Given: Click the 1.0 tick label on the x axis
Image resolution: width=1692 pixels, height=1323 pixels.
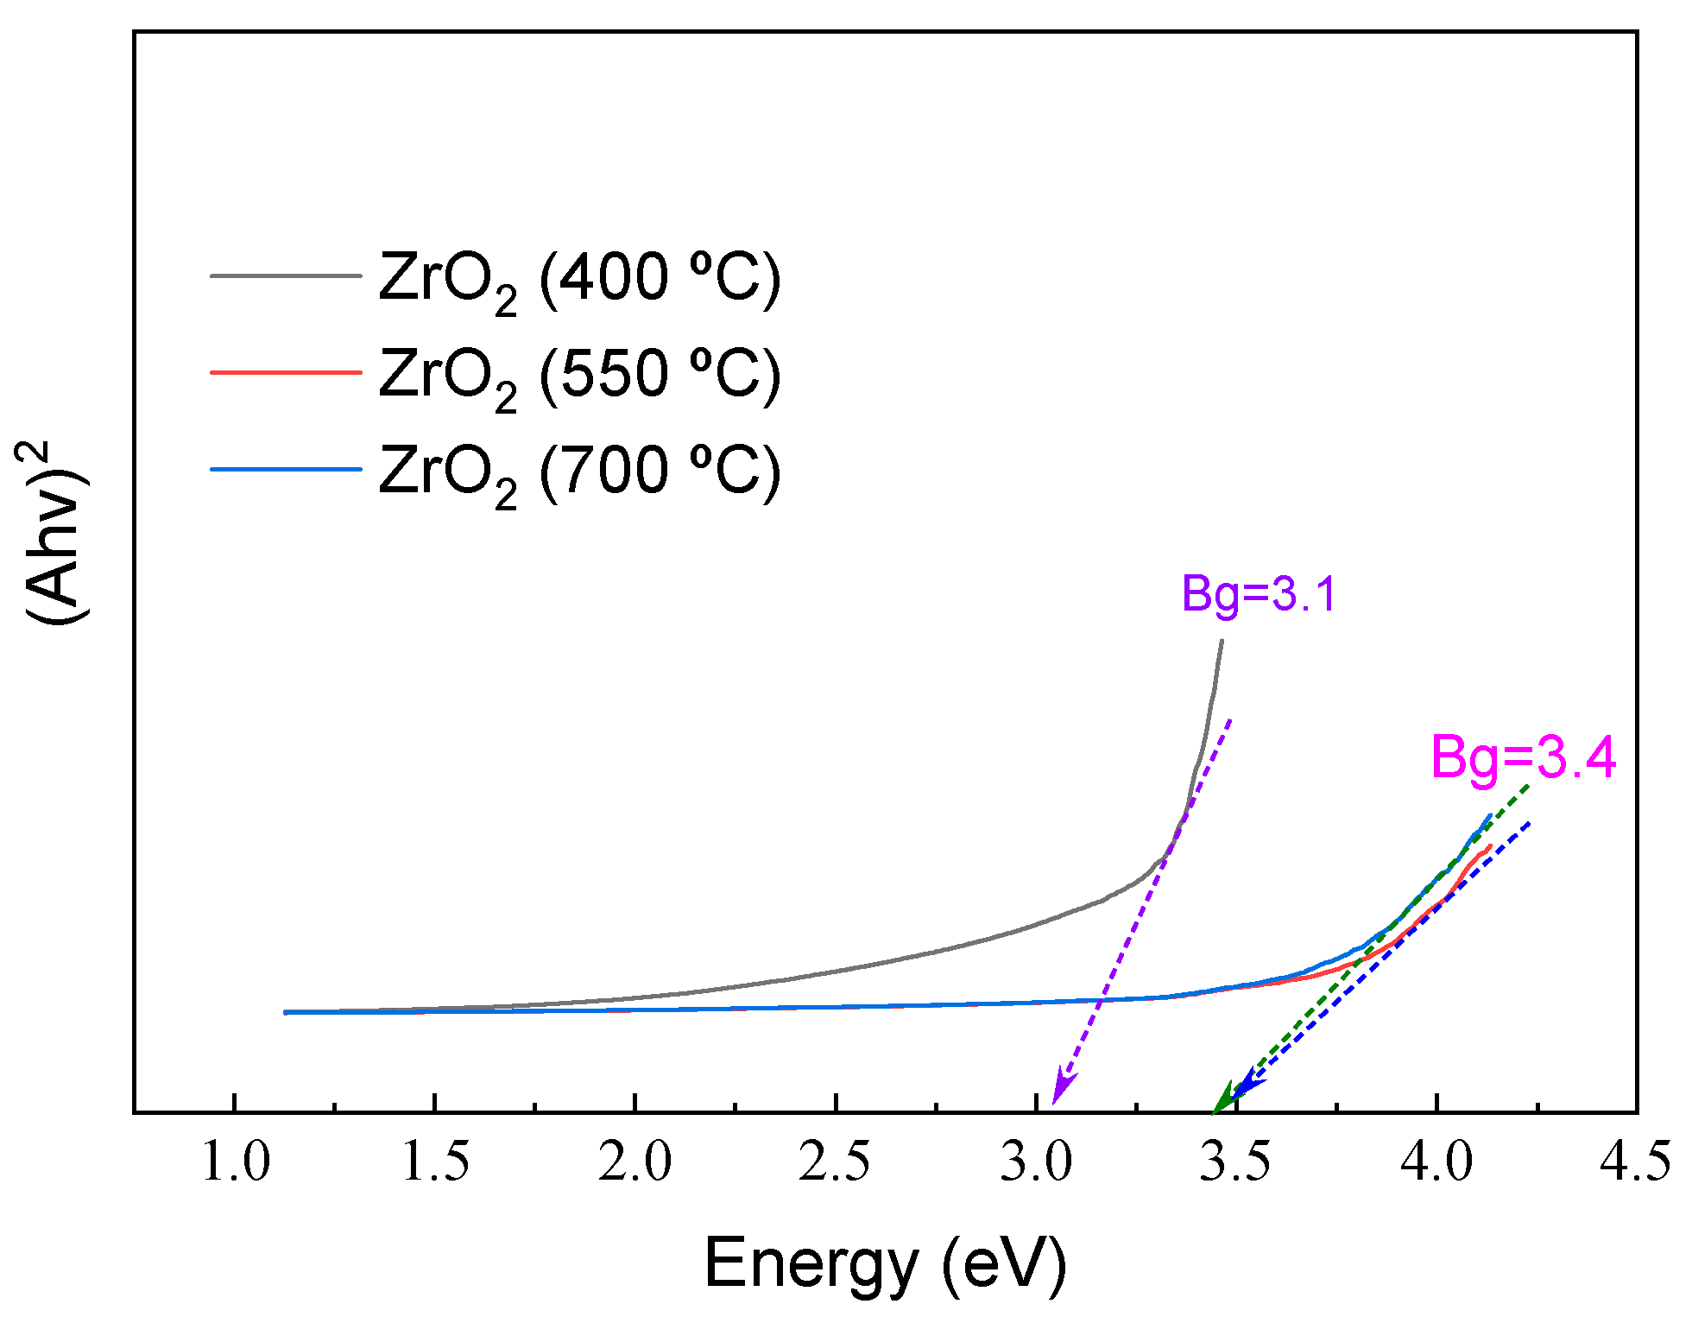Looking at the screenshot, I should coord(235,1162).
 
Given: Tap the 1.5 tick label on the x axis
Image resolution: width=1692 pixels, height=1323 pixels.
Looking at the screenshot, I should coord(435,1162).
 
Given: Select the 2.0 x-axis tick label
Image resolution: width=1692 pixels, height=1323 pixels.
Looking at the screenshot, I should coord(635,1162).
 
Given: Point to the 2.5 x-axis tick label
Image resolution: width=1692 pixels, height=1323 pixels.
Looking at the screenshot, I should coord(835,1162).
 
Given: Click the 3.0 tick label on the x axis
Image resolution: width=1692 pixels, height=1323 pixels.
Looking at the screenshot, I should coord(1036,1162).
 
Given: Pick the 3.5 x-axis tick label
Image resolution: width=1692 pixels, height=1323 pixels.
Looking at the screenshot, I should coord(1235,1162).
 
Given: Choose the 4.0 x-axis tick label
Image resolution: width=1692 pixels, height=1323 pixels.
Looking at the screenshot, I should coord(1436,1162).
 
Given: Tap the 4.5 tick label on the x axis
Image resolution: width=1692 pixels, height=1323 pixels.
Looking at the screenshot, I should coord(1635,1162).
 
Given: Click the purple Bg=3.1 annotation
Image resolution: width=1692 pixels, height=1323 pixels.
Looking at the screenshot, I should coord(1259,595).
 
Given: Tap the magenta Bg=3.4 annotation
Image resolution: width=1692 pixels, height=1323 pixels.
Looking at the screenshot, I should coord(1523,758).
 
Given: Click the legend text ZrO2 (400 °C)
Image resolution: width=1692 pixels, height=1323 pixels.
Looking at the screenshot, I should coord(579,279).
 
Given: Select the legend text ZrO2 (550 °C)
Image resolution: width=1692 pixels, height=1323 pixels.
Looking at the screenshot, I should coord(579,376).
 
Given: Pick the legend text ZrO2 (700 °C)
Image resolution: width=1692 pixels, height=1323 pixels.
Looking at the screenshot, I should coord(579,472).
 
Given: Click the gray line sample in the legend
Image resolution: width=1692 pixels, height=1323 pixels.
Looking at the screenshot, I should coord(286,276).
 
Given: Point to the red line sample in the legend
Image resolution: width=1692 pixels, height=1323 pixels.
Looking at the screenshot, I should coord(286,372).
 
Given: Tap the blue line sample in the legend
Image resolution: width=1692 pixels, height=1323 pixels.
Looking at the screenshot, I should coord(286,469).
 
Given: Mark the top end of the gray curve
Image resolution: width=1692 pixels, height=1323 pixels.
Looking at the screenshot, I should coord(1222,642).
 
